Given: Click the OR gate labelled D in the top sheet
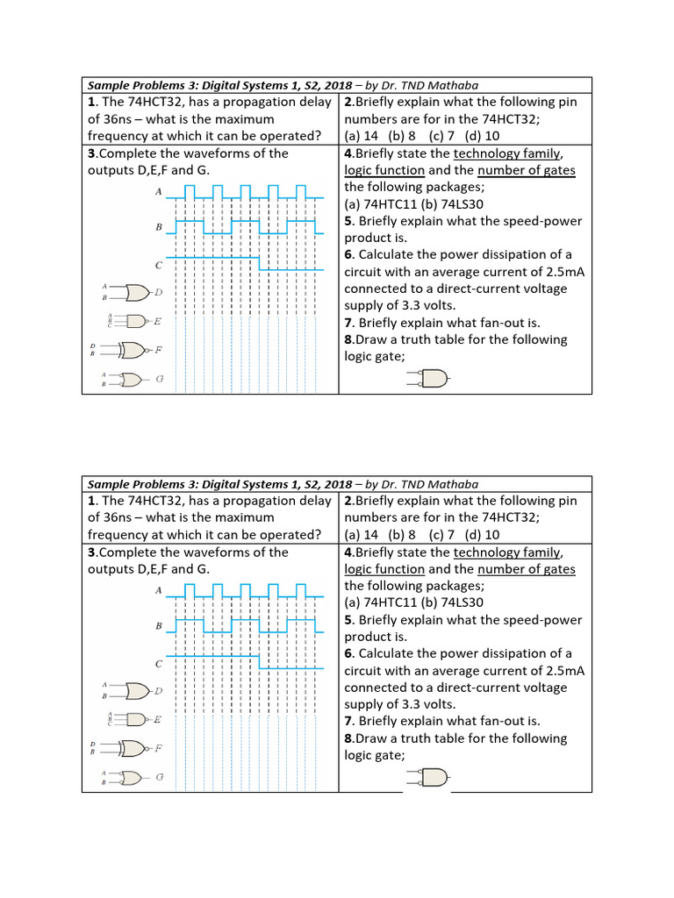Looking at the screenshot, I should coord(138,292).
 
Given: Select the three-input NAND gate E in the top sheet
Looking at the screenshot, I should coord(136,321).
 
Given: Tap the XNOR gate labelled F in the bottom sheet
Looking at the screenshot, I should coord(134,749).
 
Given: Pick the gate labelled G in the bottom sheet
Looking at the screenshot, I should coord(131,778).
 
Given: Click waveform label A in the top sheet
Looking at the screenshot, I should coord(158,191).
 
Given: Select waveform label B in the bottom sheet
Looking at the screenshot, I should coord(159,626).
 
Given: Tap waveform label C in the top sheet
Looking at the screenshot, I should coord(158,265).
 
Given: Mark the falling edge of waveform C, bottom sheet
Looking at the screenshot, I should coord(260,663).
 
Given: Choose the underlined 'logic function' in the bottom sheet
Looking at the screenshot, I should coord(384,569).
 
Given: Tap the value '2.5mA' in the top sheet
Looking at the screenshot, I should coord(561,272).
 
